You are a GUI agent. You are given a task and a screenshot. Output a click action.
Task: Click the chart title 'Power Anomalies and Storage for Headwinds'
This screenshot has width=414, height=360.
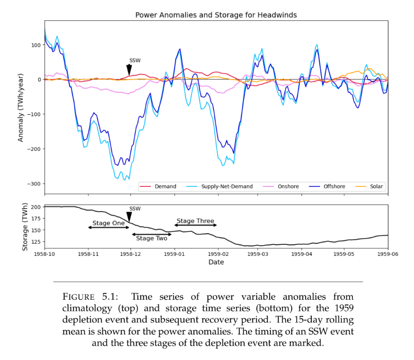click(x=216, y=15)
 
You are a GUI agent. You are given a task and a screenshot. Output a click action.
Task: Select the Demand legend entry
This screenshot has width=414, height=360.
click(x=158, y=187)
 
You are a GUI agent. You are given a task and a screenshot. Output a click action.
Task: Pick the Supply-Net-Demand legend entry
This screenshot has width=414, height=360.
click(x=220, y=187)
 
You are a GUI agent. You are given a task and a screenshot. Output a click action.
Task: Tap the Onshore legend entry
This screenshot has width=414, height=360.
click(x=281, y=187)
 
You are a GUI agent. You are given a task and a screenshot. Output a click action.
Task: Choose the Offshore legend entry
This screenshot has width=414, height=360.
click(x=327, y=187)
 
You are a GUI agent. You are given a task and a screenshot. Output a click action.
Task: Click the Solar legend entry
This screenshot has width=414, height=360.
click(x=369, y=187)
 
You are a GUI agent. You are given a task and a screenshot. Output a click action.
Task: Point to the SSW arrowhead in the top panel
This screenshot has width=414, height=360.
click(x=129, y=70)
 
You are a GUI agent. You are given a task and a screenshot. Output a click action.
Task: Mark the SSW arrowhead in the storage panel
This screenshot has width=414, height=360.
click(x=129, y=217)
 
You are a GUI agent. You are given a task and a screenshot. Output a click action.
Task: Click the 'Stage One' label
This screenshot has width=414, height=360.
click(x=108, y=224)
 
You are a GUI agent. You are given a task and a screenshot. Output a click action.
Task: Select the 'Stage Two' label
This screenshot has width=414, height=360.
click(x=152, y=238)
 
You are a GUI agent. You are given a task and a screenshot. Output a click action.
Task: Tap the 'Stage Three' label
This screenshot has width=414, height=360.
click(x=195, y=221)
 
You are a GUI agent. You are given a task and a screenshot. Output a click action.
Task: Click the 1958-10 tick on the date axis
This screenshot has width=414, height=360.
click(x=45, y=253)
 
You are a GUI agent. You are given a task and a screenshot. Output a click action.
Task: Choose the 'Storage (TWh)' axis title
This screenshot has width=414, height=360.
click(x=25, y=227)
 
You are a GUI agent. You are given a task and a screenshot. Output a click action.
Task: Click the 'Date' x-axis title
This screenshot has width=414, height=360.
click(x=216, y=262)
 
